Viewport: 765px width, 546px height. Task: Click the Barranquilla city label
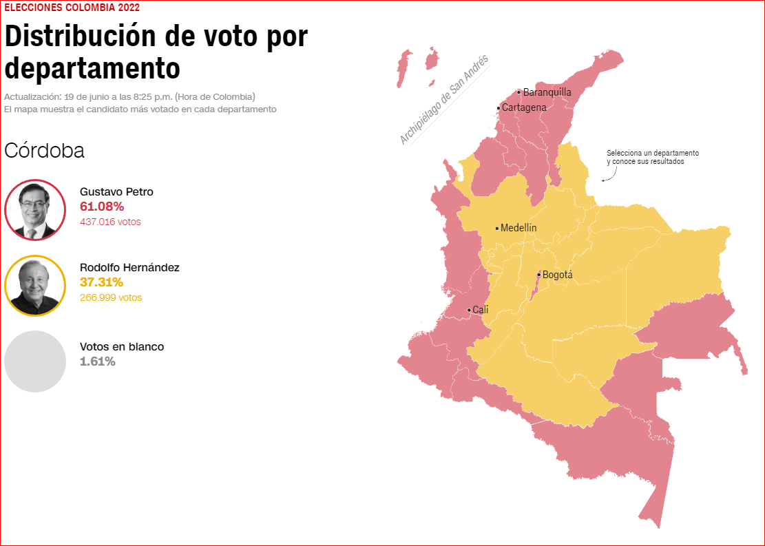(547, 92)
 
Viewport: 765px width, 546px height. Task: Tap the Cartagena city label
(524, 107)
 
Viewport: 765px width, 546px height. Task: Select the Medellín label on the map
(518, 228)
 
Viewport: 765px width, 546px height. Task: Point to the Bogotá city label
(557, 275)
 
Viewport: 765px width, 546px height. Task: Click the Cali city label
(480, 310)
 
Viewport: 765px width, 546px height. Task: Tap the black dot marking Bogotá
(538, 275)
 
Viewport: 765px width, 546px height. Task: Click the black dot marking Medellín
(496, 228)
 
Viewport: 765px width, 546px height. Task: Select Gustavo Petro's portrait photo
(34, 210)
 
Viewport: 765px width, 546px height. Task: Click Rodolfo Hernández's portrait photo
(34, 285)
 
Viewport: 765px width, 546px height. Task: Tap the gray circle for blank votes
(34, 361)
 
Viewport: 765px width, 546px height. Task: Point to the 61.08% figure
(102, 207)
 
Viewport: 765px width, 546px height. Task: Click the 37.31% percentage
(101, 282)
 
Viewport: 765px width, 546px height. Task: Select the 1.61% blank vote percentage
(98, 361)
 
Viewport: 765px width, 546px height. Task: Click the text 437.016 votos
(110, 222)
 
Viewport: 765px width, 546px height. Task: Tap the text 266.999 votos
(111, 297)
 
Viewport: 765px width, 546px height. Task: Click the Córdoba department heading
(44, 151)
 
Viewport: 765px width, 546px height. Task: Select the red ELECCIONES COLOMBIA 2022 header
(72, 8)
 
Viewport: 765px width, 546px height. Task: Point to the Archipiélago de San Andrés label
(443, 100)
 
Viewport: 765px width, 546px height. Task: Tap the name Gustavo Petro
(116, 191)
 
